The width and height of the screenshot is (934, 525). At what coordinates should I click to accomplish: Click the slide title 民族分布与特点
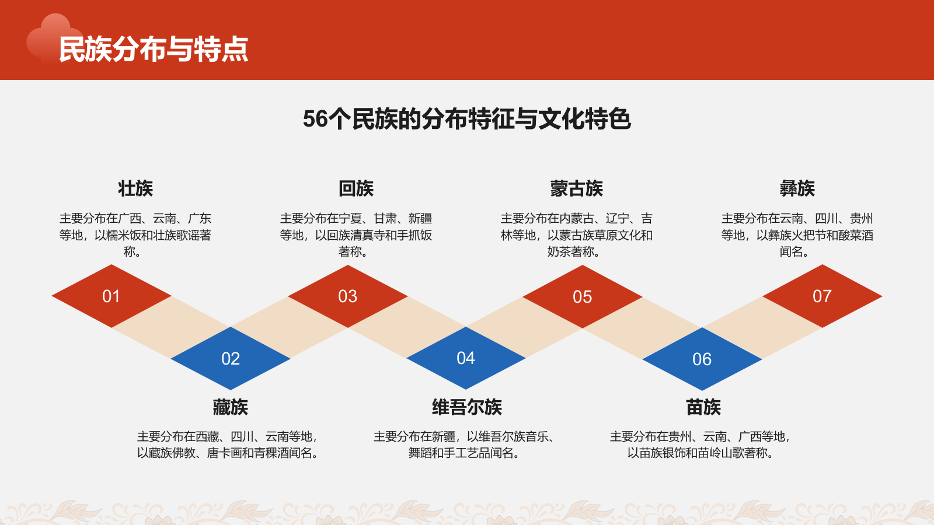[x=154, y=49]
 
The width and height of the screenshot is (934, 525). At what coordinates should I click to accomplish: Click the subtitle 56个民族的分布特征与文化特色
[x=466, y=119]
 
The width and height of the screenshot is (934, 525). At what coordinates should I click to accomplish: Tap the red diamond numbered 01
[x=111, y=296]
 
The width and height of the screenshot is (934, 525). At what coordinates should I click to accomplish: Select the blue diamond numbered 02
[x=231, y=359]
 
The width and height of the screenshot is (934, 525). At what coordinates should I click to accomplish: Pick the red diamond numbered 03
[x=348, y=296]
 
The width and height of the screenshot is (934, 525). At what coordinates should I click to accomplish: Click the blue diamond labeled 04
[x=466, y=358]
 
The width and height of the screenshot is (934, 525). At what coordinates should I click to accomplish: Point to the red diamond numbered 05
[x=583, y=297]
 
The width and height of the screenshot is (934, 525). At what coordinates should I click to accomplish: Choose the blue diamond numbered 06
[x=702, y=359]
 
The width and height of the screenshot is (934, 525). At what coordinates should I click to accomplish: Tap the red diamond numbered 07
[x=822, y=296]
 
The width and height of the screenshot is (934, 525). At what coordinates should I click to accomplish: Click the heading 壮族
[x=135, y=188]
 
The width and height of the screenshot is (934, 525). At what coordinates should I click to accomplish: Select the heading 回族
[x=356, y=188]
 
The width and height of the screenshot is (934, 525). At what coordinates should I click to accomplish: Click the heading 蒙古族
[x=576, y=188]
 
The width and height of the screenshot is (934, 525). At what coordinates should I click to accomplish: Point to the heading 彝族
[x=797, y=188]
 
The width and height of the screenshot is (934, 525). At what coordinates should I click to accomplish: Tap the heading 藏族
[x=231, y=407]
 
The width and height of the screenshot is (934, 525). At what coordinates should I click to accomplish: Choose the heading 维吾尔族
[x=466, y=407]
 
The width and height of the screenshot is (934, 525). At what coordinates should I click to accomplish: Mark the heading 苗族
[x=703, y=407]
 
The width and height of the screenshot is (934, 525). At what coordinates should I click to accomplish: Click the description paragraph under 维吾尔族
[x=464, y=444]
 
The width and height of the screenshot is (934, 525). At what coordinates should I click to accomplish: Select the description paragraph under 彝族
[x=797, y=235]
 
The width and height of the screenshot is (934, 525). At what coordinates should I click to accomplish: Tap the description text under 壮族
[x=135, y=235]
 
